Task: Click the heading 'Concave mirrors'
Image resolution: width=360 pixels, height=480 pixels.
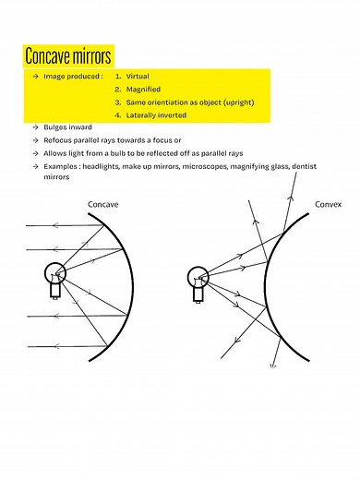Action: [69, 55]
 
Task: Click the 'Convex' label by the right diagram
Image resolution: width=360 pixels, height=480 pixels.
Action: [328, 204]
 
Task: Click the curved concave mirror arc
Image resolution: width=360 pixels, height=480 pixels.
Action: [146, 277]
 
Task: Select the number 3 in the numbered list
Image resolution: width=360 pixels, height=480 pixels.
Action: [117, 102]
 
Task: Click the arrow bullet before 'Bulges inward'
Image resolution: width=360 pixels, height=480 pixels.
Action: [34, 126]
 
